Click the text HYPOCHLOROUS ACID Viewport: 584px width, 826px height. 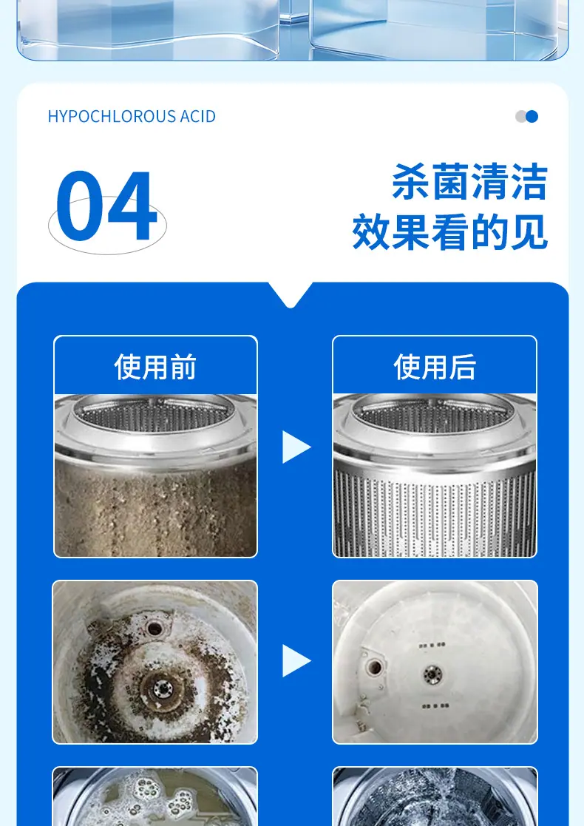coord(132,116)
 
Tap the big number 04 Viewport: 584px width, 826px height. coord(106,206)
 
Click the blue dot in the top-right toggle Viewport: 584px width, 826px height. coord(532,116)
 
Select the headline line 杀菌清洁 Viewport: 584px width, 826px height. coord(469,182)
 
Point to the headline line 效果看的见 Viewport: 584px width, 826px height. coord(450,231)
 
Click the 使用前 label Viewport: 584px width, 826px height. coord(155,367)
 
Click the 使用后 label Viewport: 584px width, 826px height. coord(435,367)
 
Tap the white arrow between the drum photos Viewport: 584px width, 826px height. coord(296,447)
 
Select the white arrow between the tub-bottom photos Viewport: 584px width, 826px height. coord(296,660)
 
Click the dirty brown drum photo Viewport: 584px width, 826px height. coord(155,475)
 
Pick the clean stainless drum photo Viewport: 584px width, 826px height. coord(435,475)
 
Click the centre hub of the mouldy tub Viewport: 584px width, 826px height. coord(163,688)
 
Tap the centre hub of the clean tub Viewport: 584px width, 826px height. coord(433,674)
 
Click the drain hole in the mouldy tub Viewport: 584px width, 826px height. coord(155,628)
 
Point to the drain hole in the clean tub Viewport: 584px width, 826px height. coord(374,668)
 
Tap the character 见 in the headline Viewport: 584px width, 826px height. coord(529,231)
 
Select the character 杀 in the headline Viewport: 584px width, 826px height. coord(411,182)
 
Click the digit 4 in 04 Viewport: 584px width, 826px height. coord(132,206)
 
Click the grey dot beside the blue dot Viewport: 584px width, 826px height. coord(520,116)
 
